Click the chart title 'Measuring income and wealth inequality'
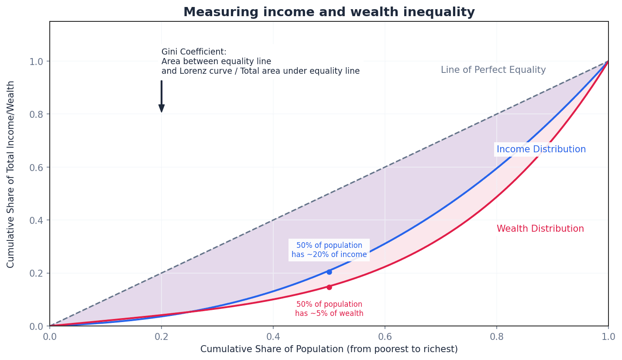329,12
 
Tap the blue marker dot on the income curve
329,272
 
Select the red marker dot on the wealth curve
329,287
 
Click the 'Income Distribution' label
541,150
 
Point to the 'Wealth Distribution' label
540,229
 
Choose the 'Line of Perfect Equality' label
493,70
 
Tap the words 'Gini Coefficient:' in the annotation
194,52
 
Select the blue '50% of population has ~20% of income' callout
329,250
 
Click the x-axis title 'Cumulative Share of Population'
329,350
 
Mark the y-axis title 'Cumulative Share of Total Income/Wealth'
11,174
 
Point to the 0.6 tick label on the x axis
385,337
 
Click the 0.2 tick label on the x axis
162,337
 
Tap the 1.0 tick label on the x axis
608,337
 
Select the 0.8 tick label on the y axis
36,114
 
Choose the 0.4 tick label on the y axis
36,220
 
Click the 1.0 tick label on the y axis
36,62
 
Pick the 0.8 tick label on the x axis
496,337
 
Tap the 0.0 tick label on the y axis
36,326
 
